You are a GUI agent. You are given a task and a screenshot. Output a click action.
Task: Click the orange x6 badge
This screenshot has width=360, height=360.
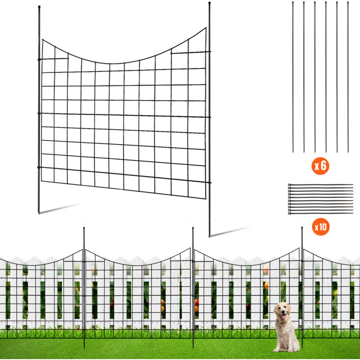pos(320,166)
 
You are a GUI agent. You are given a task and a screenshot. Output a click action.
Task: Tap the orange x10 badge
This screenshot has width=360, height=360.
pos(321,227)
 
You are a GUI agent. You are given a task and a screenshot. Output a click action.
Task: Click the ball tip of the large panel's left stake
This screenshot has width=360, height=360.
pos(39,7)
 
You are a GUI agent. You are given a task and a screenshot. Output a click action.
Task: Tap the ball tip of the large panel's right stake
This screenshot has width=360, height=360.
pos(209,3)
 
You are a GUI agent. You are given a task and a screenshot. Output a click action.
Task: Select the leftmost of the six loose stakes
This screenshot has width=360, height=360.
pos(293,77)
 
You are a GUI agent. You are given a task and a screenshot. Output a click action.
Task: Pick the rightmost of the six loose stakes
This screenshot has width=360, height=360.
pos(348,77)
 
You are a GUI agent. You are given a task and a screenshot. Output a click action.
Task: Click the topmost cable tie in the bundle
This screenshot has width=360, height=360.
pos(320,184)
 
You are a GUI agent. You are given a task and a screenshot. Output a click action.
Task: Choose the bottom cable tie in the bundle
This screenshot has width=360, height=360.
pos(320,213)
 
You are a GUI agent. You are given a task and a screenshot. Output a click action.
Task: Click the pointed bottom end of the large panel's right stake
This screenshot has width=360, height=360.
pos(209,236)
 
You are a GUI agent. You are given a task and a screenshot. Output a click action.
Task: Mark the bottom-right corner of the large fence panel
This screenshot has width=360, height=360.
pos(205,198)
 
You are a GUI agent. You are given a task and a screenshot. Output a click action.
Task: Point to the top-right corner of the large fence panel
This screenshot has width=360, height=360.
pos(206,28)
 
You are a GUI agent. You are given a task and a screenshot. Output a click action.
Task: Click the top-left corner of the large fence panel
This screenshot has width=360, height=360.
pos(42,40)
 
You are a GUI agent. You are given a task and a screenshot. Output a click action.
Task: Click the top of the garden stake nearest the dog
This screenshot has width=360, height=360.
pos(302,228)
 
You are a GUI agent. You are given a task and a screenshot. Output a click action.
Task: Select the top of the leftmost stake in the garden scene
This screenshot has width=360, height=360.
pos(84,228)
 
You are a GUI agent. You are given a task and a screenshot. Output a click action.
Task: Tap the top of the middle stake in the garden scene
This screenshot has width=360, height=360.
pos(193,228)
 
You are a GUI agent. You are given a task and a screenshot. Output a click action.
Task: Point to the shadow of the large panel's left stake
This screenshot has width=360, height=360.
pos(60,208)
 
